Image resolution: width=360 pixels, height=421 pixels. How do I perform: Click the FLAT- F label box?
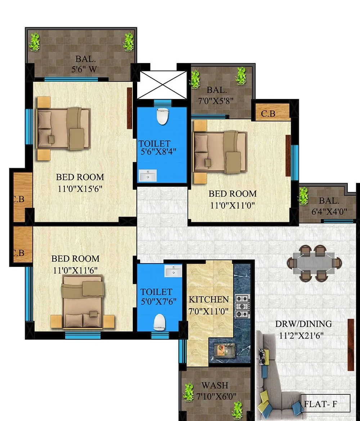click(325, 403)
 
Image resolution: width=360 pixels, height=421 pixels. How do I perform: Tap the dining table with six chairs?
click(314, 263)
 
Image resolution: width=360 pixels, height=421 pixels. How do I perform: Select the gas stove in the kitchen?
click(242, 306)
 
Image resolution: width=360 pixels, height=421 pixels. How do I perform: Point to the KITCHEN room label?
click(209, 299)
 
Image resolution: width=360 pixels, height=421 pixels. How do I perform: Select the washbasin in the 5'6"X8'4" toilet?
click(148, 176)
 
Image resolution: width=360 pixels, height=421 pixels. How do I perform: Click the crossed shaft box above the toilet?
click(162, 85)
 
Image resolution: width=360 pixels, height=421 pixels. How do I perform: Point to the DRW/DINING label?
click(303, 323)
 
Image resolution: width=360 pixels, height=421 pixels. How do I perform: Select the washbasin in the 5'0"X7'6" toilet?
click(173, 271)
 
